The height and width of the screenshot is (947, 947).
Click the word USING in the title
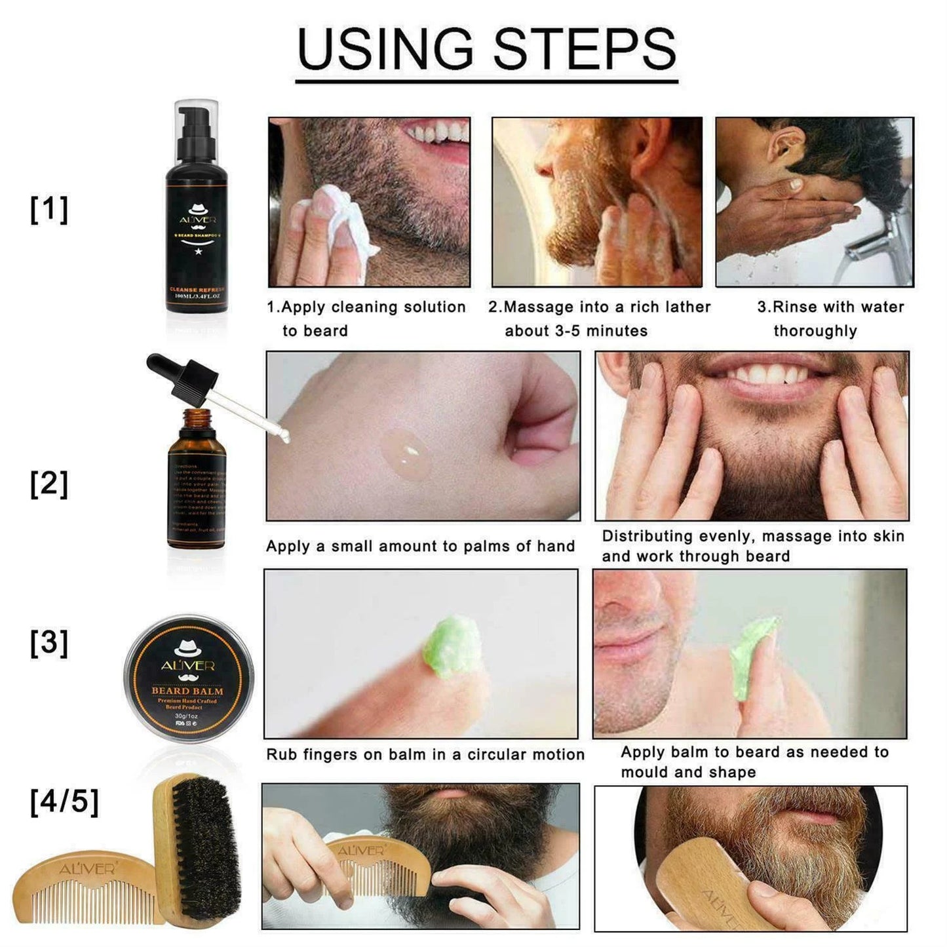(385, 49)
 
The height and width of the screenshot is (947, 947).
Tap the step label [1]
(49, 210)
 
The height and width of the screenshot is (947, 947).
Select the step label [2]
(49, 484)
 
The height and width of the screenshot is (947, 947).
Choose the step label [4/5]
(64, 801)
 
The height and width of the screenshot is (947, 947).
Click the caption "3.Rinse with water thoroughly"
(830, 319)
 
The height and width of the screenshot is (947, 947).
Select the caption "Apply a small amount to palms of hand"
(420, 546)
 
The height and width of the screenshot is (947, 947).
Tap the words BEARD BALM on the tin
(187, 690)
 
